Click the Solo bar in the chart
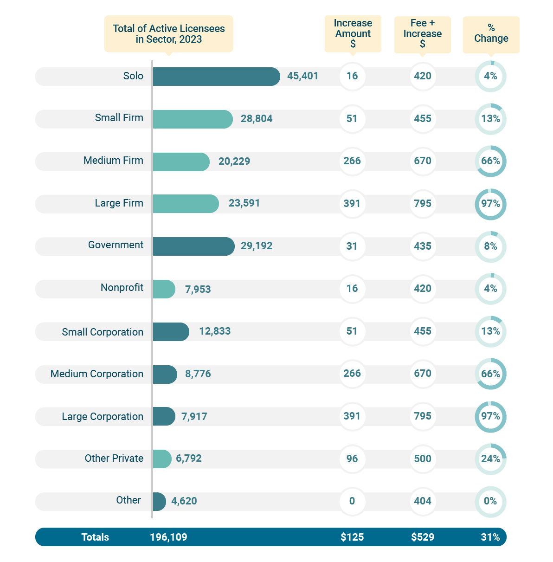216,77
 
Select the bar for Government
193,246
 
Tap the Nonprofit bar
164,289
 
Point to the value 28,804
257,119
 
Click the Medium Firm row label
113,161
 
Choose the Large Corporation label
103,417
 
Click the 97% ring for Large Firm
490,204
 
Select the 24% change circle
490,459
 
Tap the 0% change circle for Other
490,501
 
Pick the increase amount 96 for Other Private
352,459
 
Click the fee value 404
423,501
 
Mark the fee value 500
423,459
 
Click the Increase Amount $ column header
353,33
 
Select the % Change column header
491,34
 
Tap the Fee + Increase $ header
422,34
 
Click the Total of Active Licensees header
168,34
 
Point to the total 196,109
168,537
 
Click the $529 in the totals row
423,537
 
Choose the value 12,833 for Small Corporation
215,331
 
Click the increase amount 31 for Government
352,246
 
